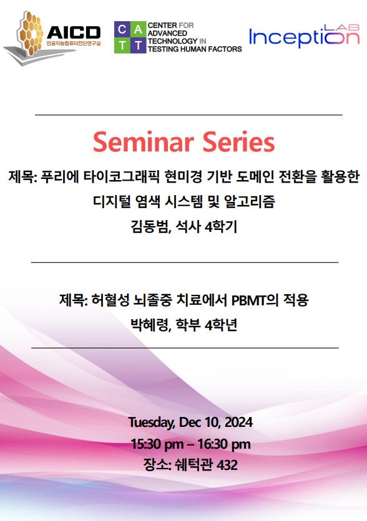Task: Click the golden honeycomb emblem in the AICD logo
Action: click(31, 33)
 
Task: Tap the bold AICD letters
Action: click(74, 32)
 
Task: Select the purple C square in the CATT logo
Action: click(122, 29)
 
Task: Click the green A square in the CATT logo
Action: click(138, 29)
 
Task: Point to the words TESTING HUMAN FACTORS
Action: click(195, 49)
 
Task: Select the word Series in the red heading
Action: click(238, 142)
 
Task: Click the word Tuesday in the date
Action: click(152, 423)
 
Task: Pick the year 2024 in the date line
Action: click(238, 423)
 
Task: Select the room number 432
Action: click(227, 465)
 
